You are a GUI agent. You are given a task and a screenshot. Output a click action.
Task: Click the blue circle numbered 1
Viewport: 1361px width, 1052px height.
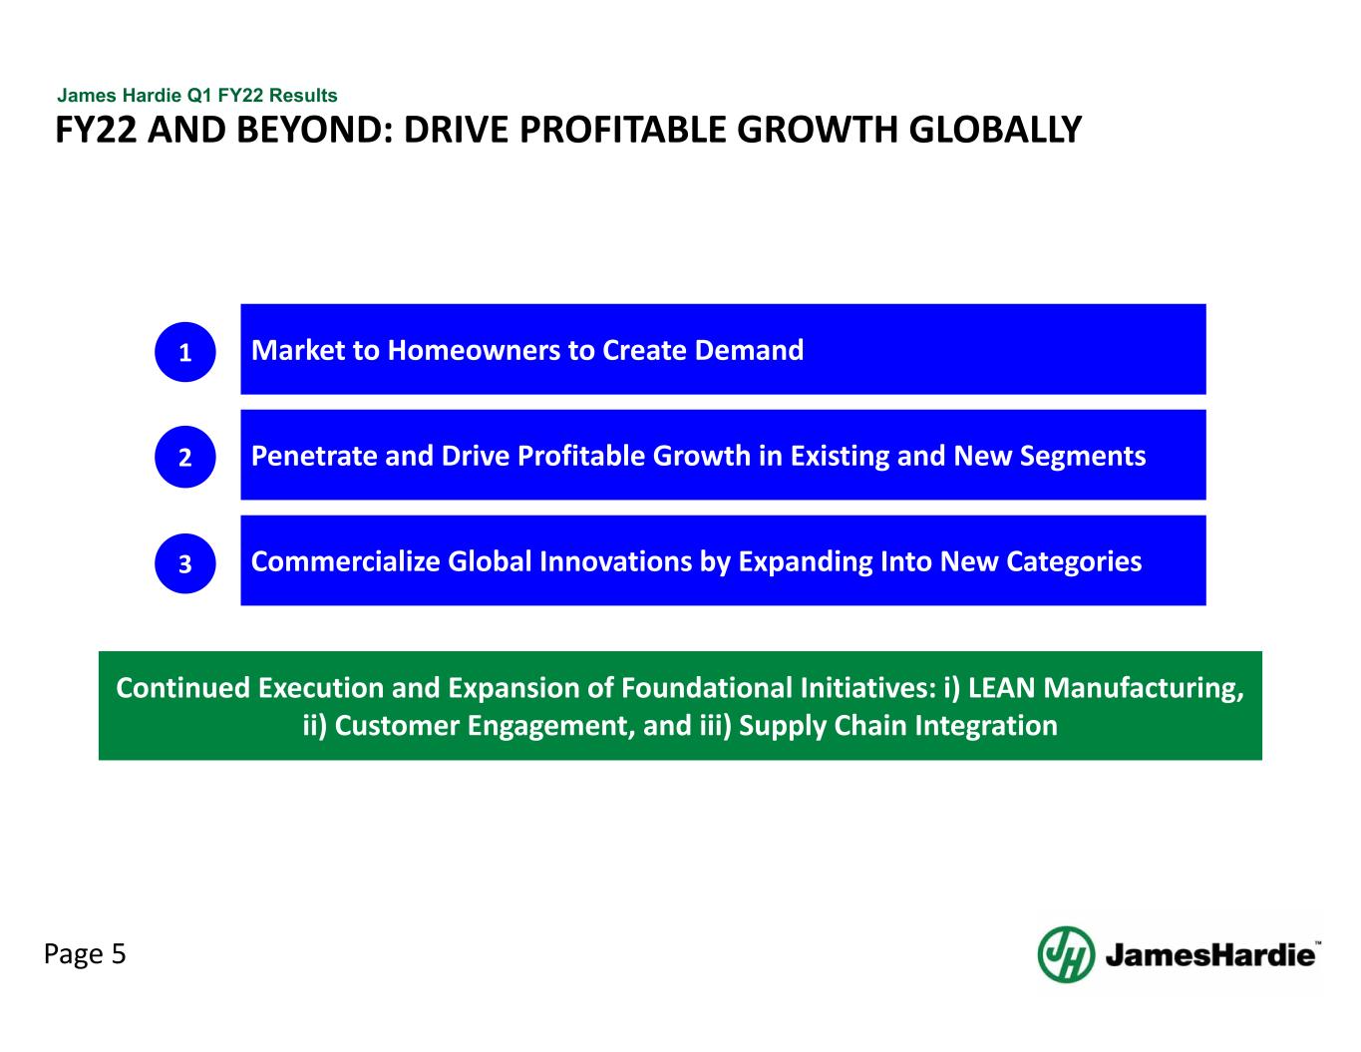(184, 352)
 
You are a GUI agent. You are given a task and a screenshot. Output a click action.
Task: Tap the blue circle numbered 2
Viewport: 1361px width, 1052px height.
(184, 457)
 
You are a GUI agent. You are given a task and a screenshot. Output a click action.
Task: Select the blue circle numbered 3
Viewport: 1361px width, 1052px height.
(184, 563)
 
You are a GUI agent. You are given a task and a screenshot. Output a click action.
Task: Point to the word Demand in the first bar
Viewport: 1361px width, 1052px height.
(749, 350)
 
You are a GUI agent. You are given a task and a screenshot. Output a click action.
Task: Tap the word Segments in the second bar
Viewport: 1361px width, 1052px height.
(1083, 457)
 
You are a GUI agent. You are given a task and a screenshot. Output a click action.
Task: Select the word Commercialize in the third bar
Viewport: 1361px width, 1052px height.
(345, 561)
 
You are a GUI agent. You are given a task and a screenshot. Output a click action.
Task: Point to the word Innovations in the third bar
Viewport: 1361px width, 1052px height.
(615, 561)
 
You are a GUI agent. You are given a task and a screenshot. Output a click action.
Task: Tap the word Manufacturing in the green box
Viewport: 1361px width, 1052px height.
(1143, 689)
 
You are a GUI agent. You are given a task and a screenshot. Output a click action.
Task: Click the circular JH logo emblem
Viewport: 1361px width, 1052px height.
(1066, 954)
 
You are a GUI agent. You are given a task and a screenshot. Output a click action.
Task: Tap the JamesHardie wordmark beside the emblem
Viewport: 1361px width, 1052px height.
(1211, 955)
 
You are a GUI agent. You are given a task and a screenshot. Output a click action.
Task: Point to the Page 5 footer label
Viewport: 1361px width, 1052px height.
(85, 954)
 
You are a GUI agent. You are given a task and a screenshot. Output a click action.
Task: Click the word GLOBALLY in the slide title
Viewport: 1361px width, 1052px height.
(995, 130)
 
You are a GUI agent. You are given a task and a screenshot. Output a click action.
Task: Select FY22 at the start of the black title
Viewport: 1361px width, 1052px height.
(97, 130)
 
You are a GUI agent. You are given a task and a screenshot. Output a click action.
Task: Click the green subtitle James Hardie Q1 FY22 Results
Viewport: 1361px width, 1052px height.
(197, 95)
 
